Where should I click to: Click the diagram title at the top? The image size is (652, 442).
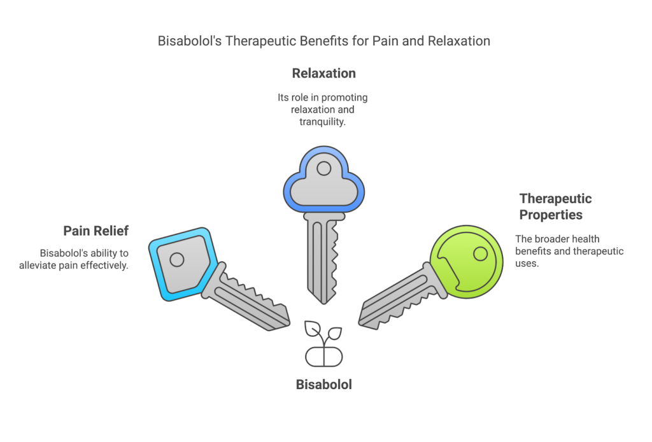coord(324,41)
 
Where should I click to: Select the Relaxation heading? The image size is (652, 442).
coord(323,73)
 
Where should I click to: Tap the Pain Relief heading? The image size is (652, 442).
coord(96,231)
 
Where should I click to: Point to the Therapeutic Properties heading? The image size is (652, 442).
coord(555,206)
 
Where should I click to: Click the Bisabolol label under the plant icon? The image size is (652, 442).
coord(323,385)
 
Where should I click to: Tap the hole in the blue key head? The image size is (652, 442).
coord(324,169)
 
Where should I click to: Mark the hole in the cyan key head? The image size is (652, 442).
coord(176,259)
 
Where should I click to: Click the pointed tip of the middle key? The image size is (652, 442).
coord(324,301)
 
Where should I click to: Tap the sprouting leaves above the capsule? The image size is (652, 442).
coord(323,332)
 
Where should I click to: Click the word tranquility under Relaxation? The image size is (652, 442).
coord(323,122)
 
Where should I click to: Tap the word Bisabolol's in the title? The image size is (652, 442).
coord(185,41)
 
